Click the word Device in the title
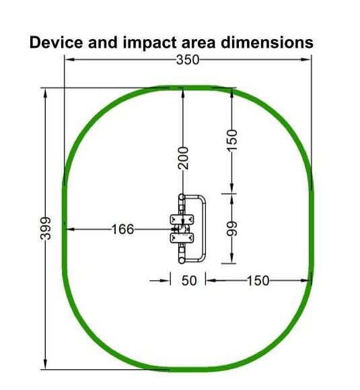click(x=56, y=42)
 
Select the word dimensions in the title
click(x=267, y=42)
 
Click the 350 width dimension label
click(x=188, y=60)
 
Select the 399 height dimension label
click(x=46, y=228)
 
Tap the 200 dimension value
click(x=183, y=158)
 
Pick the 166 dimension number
click(x=122, y=229)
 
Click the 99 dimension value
click(x=232, y=229)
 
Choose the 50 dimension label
click(x=189, y=281)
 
